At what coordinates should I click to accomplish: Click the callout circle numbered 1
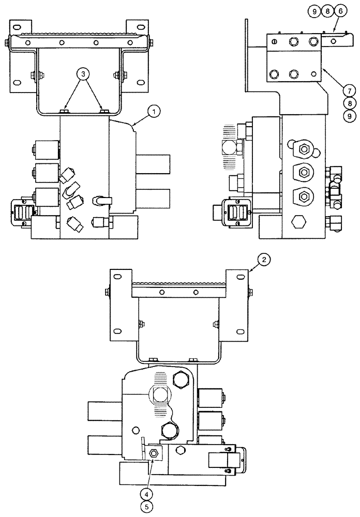coord(154,110)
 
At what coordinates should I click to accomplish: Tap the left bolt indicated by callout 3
coord(64,111)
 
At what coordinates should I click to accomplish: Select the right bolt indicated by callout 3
coord(103,111)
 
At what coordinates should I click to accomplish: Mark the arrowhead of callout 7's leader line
coord(322,68)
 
